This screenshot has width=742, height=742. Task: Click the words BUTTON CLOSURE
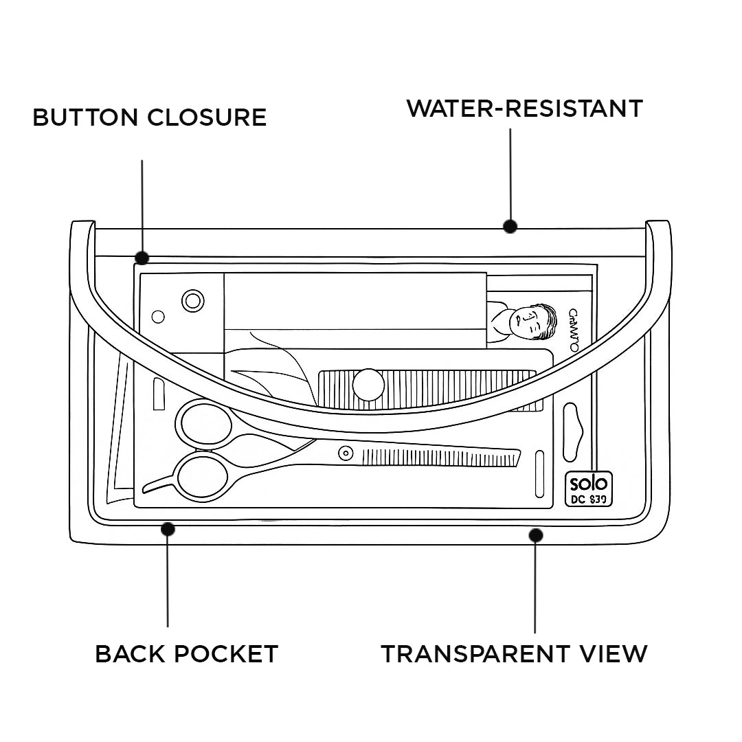(x=149, y=117)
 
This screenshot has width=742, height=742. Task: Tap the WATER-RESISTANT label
(x=524, y=109)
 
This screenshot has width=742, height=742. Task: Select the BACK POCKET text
(x=186, y=653)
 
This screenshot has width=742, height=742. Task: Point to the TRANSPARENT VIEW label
(x=514, y=653)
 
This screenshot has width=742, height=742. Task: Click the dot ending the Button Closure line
(x=142, y=258)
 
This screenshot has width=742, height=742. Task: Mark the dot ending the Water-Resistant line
(x=510, y=226)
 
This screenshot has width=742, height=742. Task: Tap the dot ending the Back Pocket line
(x=168, y=529)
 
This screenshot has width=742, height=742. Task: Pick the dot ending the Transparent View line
(x=536, y=535)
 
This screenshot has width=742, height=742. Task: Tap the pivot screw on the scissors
(x=345, y=452)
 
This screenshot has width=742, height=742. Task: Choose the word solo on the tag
(x=588, y=483)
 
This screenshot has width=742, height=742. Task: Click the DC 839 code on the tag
(x=589, y=499)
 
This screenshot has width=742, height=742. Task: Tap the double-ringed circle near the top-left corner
(x=193, y=300)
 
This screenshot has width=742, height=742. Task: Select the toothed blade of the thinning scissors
(x=440, y=456)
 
